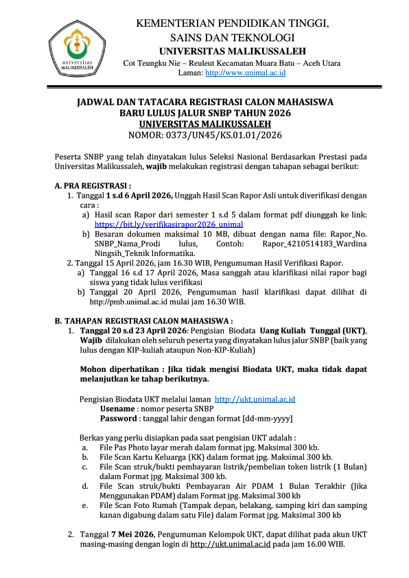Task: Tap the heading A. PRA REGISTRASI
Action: click(93, 186)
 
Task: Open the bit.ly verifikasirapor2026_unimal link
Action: click(169, 224)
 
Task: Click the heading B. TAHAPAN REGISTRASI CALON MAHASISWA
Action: click(144, 321)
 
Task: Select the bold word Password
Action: click(119, 417)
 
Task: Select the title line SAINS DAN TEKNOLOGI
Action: click(233, 37)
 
